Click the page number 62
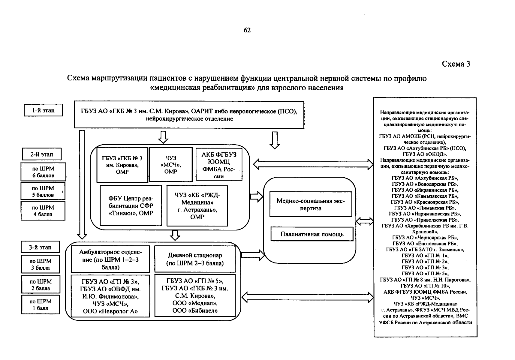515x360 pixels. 247,30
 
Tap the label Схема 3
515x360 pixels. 456,64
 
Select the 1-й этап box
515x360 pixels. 43,110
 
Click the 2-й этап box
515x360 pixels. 42,154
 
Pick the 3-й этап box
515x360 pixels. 40,247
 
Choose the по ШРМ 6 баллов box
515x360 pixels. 43,172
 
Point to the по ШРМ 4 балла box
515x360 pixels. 43,211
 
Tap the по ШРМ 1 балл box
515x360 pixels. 41,304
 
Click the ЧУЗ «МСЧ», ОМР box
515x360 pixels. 170,164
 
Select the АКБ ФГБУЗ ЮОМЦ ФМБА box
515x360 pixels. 219,164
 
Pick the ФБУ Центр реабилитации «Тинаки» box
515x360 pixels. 131,206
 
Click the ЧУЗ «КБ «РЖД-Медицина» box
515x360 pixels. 197,206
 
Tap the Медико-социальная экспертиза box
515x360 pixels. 311,205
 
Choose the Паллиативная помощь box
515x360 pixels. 312,234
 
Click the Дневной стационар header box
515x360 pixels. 195,259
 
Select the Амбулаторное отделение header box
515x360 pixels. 110,259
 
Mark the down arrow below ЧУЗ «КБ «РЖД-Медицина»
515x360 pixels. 175,235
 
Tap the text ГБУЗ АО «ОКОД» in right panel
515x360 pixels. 425,154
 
